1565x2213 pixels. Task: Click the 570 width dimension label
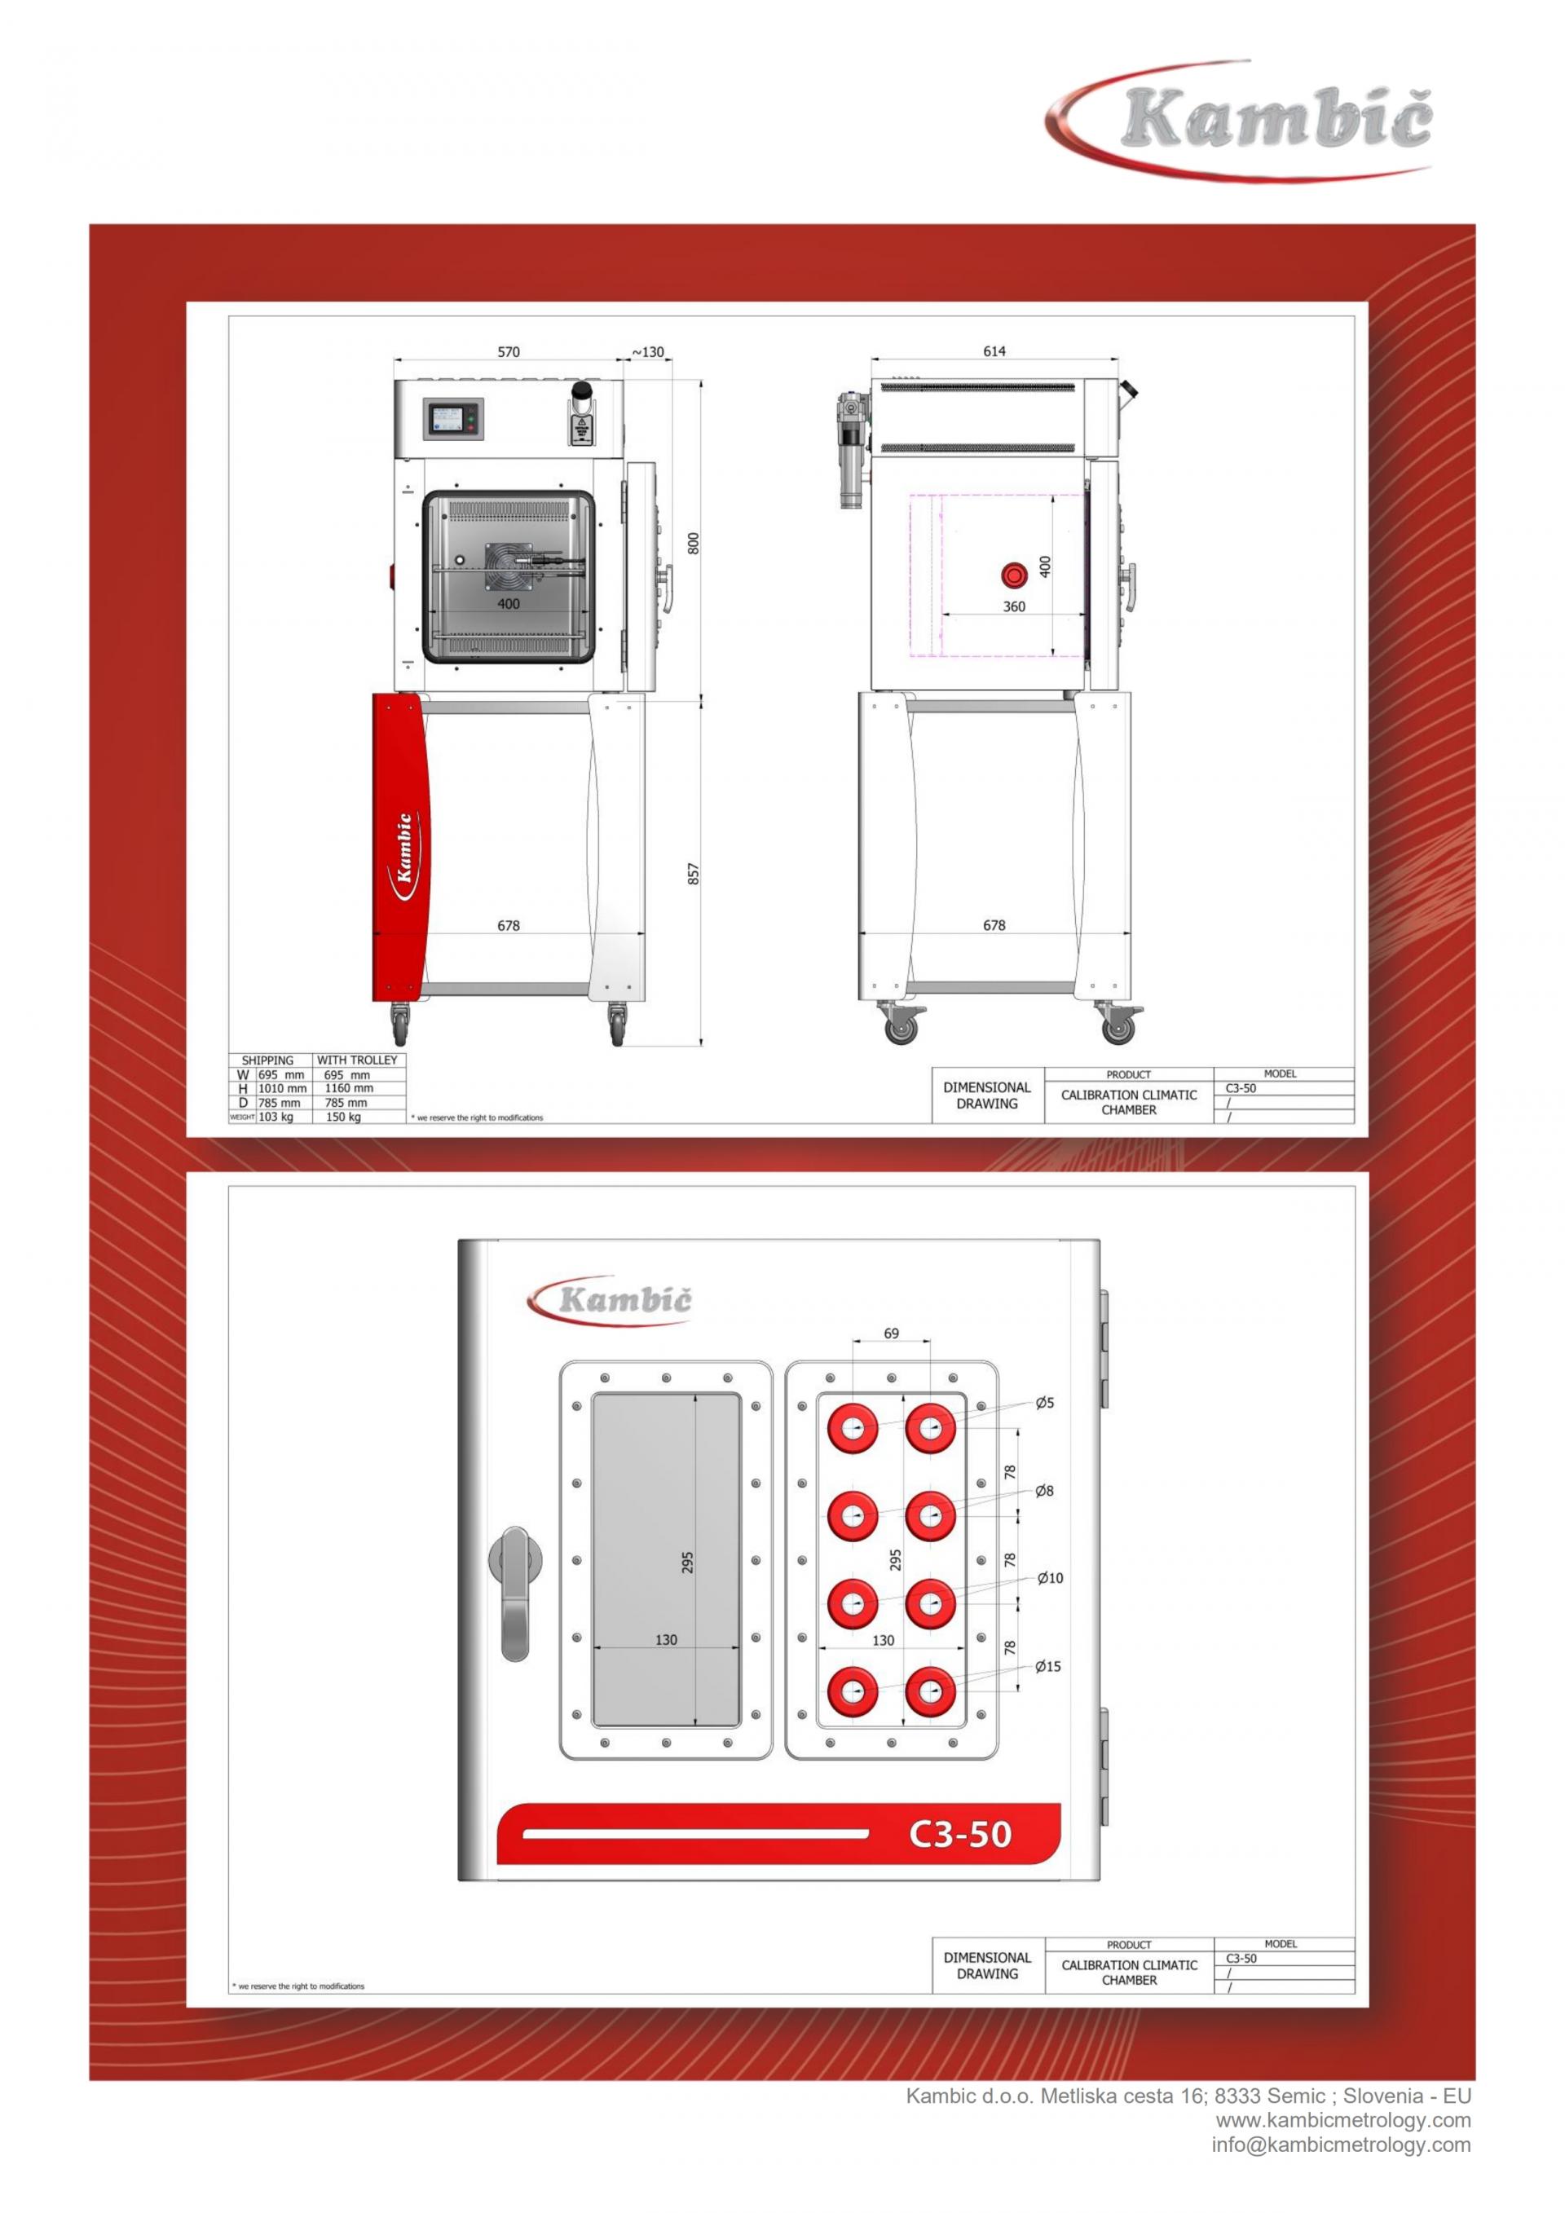(x=508, y=352)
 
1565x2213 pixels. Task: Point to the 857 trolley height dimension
(x=693, y=875)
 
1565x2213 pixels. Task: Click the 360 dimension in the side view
(x=1014, y=606)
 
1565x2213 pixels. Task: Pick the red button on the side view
(x=1015, y=575)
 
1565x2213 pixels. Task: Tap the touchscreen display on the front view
(x=450, y=421)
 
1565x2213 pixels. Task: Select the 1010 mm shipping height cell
(x=281, y=1088)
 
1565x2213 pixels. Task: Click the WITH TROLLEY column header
(x=356, y=1060)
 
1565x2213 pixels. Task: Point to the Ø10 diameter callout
(x=1049, y=1578)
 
